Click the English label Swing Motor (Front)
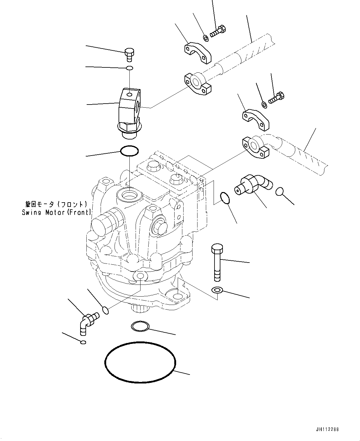pyautogui.click(x=57, y=212)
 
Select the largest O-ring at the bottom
pyautogui.click(x=140, y=362)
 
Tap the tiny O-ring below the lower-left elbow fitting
pyautogui.click(x=83, y=342)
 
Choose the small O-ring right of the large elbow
pyautogui.click(x=280, y=192)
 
